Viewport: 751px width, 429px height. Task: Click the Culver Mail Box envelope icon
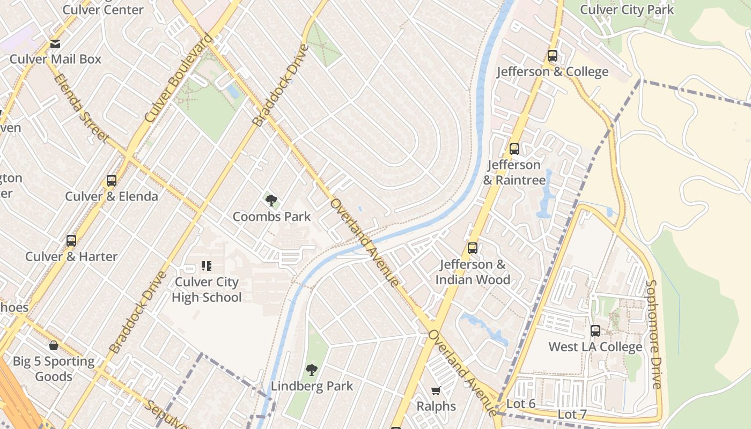pos(55,44)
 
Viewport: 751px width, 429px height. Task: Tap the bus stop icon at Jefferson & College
pos(552,56)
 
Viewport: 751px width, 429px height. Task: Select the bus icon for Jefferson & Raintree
pos(514,149)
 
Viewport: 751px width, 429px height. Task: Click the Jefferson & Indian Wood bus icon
pos(472,248)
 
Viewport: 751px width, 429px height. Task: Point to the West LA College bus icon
pos(595,331)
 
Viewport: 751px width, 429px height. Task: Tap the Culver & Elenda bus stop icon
pos(112,181)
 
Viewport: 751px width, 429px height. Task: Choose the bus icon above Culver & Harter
pos(71,241)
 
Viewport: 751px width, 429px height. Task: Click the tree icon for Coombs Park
pos(271,201)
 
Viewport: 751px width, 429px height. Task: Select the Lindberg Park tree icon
pos(312,370)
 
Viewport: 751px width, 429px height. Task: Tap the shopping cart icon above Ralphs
pos(436,390)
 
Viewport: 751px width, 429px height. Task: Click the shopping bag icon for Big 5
pos(54,345)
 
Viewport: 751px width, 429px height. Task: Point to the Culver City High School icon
pos(207,265)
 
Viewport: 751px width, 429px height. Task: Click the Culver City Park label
pos(627,10)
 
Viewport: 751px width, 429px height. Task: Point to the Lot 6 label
pos(521,404)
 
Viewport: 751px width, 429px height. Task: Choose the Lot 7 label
pos(572,414)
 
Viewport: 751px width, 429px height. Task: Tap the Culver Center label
pos(103,10)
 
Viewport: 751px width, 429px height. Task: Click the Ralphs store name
pos(436,406)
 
